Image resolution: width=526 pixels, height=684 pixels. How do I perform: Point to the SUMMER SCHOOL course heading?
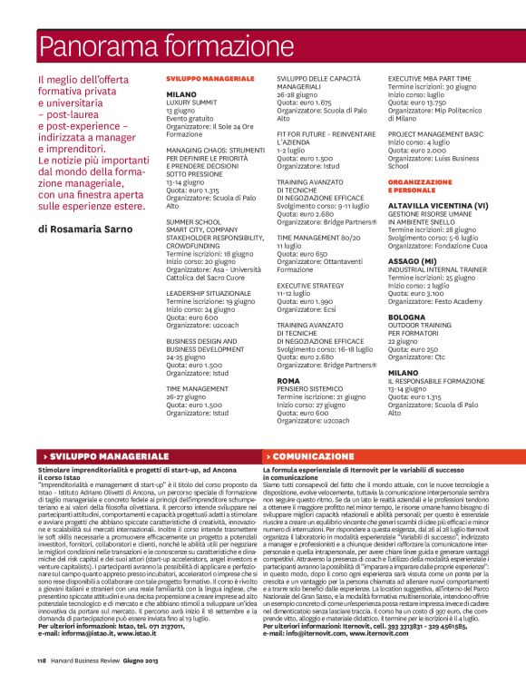tap(193, 220)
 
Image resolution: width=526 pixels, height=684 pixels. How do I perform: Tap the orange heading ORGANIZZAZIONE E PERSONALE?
tap(419, 187)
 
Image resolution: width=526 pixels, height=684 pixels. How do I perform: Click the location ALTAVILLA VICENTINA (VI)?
tap(437, 205)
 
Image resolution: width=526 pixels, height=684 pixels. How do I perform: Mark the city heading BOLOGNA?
tap(406, 318)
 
